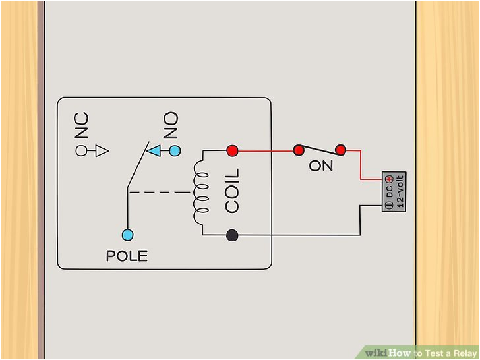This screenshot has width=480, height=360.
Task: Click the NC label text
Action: (x=81, y=125)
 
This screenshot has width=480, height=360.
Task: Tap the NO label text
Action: (x=171, y=125)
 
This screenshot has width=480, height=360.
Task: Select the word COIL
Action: (x=232, y=191)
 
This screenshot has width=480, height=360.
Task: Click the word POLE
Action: (x=127, y=256)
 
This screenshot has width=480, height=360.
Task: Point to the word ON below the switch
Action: (x=321, y=166)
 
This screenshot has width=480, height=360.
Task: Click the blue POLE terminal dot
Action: (x=128, y=234)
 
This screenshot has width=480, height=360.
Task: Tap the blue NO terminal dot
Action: (x=175, y=151)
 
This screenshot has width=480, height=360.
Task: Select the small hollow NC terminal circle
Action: (x=82, y=151)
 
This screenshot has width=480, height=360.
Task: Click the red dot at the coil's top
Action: (x=232, y=151)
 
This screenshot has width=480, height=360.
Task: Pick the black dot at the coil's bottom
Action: (x=232, y=234)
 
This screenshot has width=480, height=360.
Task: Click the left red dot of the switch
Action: (x=299, y=150)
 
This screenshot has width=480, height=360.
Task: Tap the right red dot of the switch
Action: (x=340, y=150)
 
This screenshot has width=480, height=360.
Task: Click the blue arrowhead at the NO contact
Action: (x=154, y=151)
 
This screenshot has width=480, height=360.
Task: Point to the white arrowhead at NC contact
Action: (x=101, y=151)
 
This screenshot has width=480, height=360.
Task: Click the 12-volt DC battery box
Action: (x=394, y=192)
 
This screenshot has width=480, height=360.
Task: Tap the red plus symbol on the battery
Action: (x=389, y=179)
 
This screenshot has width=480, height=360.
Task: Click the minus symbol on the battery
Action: (x=389, y=205)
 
